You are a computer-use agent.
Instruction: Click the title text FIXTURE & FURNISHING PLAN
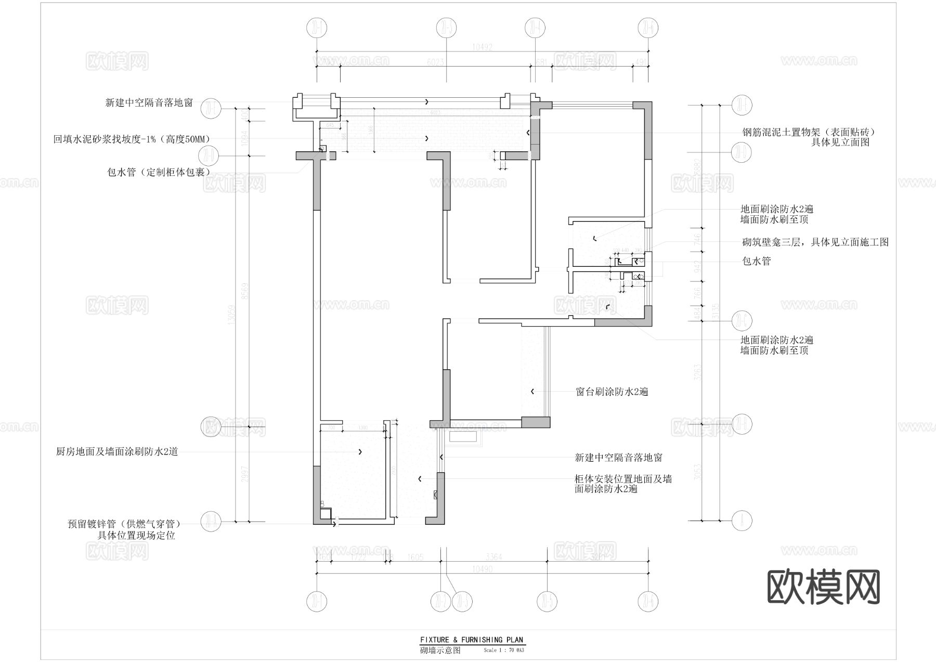(x=472, y=640)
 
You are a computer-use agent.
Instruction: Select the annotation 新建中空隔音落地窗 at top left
(x=149, y=103)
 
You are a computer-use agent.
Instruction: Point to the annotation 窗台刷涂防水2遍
(x=612, y=392)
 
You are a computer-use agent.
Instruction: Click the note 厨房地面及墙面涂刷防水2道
(x=117, y=452)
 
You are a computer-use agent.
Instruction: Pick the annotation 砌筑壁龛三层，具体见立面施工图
(x=815, y=242)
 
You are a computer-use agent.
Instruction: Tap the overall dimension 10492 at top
(x=482, y=47)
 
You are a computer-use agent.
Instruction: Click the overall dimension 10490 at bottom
(x=482, y=569)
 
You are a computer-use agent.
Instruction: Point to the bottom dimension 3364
(x=493, y=557)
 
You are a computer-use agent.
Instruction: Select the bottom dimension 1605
(x=416, y=557)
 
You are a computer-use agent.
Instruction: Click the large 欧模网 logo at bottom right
(x=824, y=588)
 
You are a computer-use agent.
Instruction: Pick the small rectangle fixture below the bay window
(x=464, y=438)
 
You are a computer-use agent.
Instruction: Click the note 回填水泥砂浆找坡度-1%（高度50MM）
(x=132, y=139)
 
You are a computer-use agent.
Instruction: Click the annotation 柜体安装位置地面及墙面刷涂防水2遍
(x=623, y=484)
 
